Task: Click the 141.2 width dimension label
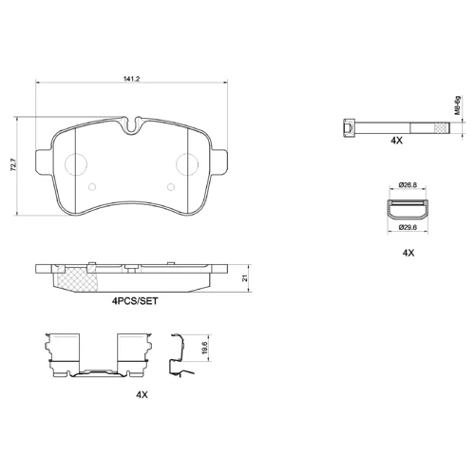[x=131, y=79]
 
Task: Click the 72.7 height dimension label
[x=13, y=165]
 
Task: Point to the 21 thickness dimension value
[x=244, y=278]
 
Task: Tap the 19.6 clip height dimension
[x=204, y=348]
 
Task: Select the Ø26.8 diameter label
[x=408, y=184]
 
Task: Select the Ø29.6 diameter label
[x=408, y=227]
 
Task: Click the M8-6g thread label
[x=457, y=104]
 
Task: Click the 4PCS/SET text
[x=135, y=301]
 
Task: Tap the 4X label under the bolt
[x=396, y=141]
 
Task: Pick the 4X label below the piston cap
[x=408, y=253]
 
